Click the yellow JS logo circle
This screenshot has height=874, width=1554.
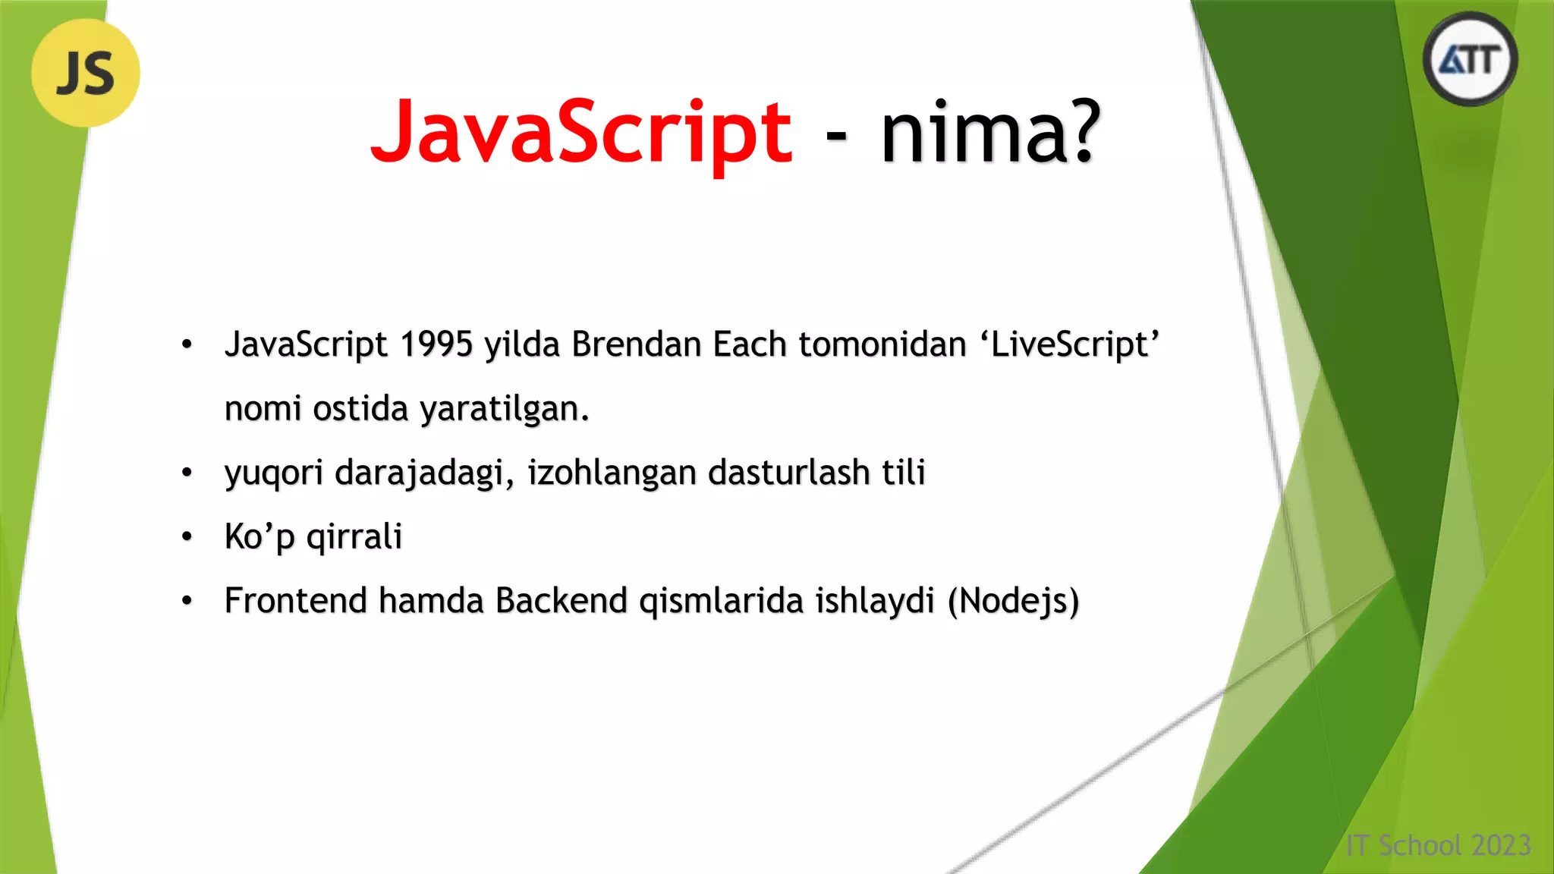86,73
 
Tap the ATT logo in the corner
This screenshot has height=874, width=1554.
1470,59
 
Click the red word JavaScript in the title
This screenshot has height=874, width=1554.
581,133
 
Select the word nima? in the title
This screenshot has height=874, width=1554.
990,133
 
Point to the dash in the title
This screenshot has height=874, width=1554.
835,137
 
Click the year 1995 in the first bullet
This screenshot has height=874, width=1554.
436,344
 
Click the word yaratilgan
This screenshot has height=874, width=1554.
504,410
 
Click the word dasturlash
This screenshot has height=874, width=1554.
788,473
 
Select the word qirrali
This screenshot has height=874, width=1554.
354,537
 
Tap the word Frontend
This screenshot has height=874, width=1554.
296,601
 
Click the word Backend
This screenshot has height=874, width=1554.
562,601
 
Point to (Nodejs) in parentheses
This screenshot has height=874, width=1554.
1013,602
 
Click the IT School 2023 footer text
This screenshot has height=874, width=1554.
1438,845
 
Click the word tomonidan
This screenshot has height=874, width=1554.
882,344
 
